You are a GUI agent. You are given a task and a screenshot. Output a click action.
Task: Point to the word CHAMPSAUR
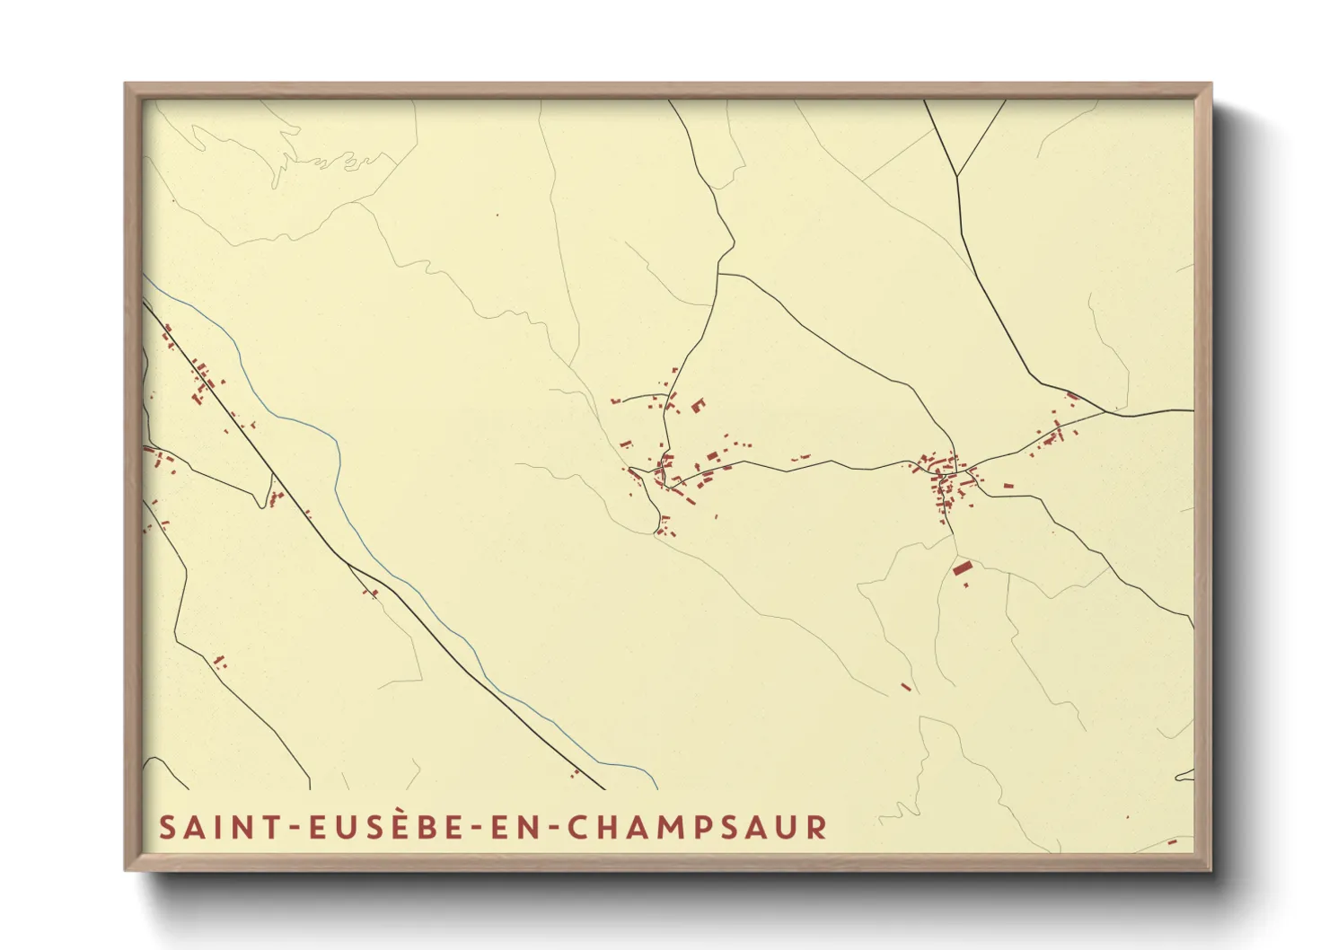pyautogui.click(x=697, y=827)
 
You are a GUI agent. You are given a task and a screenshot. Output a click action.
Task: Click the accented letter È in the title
pyautogui.click(x=392, y=826)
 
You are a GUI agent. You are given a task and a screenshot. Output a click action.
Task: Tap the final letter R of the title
pyautogui.click(x=816, y=827)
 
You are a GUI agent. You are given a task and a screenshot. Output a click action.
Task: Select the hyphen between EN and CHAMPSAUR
pyautogui.click(x=557, y=829)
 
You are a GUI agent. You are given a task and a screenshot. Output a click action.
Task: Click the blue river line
pyautogui.click(x=339, y=467)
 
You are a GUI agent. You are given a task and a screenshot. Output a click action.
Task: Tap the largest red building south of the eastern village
pyautogui.click(x=962, y=568)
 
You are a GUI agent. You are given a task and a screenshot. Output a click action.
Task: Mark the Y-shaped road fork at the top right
pyautogui.click(x=957, y=176)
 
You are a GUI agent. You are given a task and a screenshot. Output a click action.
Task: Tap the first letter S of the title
pyautogui.click(x=167, y=827)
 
